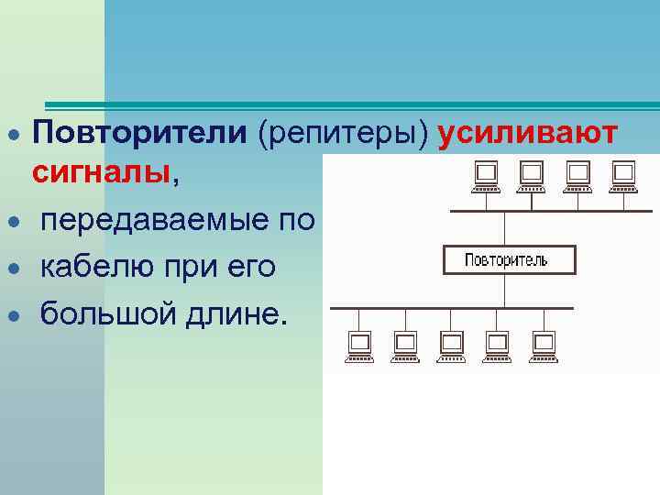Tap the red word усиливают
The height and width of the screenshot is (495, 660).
click(527, 133)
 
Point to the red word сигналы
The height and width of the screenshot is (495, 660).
click(101, 171)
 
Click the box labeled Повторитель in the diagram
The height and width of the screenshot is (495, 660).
click(509, 260)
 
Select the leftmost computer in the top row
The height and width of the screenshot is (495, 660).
click(486, 176)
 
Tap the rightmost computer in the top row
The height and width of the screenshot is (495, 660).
click(623, 176)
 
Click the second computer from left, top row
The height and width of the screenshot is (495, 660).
click(532, 176)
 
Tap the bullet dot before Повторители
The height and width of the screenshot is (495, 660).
click(14, 135)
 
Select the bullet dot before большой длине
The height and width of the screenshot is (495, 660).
click(14, 316)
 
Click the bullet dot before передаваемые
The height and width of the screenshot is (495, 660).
click(14, 223)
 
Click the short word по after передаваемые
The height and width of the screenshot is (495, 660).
click(300, 221)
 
